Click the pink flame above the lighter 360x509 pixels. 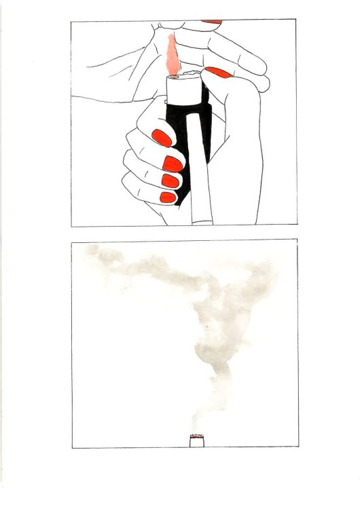(x=173, y=54)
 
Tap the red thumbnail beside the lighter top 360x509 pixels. (x=219, y=72)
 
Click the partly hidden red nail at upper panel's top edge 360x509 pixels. (x=212, y=22)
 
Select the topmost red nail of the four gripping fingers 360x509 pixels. (x=162, y=138)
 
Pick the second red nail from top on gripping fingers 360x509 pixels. (x=173, y=164)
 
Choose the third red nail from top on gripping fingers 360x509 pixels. (x=169, y=181)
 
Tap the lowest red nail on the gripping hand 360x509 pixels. (x=167, y=197)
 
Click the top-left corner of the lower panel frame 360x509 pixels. (x=72, y=240)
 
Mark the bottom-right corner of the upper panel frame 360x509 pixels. (x=296, y=226)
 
